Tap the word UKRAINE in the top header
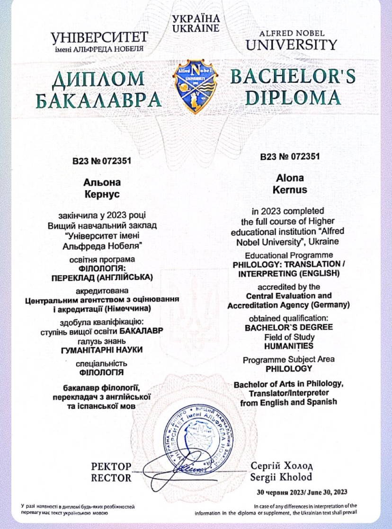tap(196, 28)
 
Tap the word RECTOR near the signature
tap(111, 478)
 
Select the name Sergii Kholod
tap(281, 476)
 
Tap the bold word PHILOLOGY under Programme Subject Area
tap(289, 368)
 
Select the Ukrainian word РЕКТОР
tap(111, 467)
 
